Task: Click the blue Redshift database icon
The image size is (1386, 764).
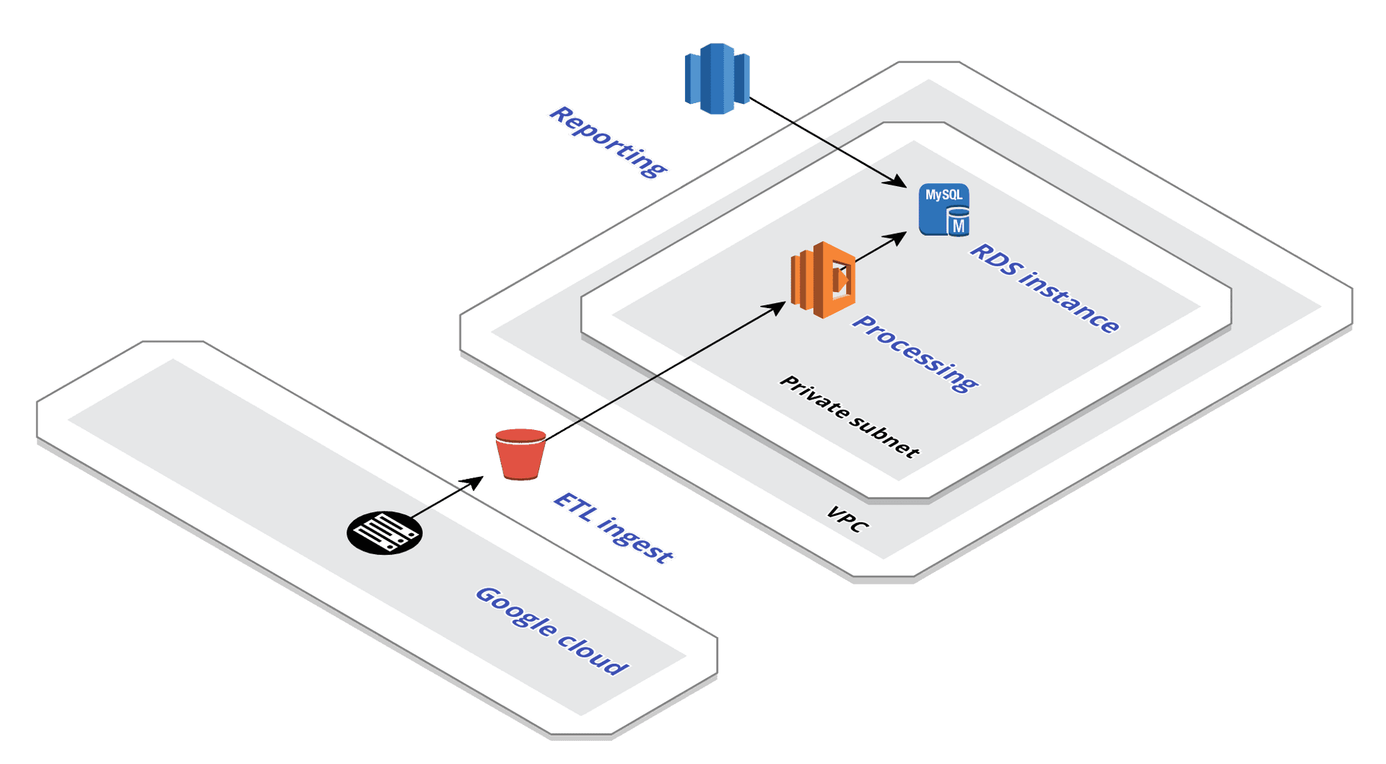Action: pyautogui.click(x=717, y=79)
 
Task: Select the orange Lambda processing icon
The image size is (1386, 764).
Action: pyautogui.click(x=824, y=280)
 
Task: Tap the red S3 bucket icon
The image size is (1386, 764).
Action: pyautogui.click(x=520, y=455)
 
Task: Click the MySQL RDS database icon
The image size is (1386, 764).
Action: pyautogui.click(x=943, y=210)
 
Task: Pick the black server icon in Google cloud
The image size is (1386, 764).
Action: pyautogui.click(x=384, y=532)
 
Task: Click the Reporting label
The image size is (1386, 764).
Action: pyautogui.click(x=608, y=141)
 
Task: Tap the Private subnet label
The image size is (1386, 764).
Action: pyautogui.click(x=850, y=417)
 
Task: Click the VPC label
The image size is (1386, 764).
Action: pyautogui.click(x=847, y=519)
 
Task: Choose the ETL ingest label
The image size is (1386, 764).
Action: pyautogui.click(x=613, y=528)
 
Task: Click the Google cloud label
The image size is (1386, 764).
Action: pyautogui.click(x=552, y=631)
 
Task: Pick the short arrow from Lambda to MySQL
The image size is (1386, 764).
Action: pyautogui.click(x=877, y=248)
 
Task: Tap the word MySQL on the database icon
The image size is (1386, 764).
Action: pyautogui.click(x=943, y=195)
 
